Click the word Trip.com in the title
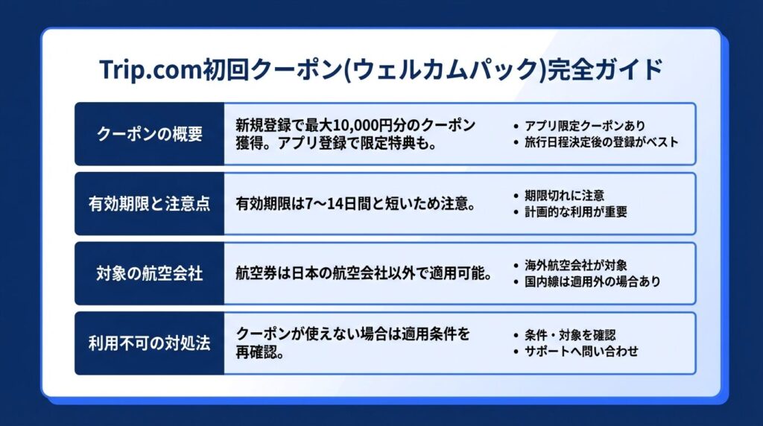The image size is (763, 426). coord(150,69)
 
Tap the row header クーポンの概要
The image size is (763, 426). coord(149,134)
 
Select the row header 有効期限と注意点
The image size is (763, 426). coord(149,203)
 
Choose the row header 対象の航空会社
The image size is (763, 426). coord(149,273)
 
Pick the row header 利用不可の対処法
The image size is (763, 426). coord(149,343)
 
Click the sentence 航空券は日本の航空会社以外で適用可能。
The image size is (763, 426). coord(364,273)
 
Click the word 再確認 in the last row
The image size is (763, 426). coord(255,352)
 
